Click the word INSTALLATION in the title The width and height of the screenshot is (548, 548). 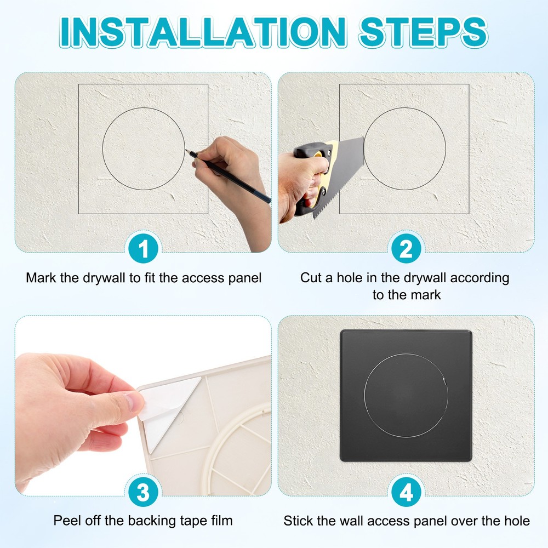coord(203,32)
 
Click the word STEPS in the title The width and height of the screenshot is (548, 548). coord(423,32)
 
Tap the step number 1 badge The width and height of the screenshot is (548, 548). coord(143,249)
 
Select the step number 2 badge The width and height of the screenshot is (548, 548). coord(406,249)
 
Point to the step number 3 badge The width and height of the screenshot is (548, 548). coord(143,492)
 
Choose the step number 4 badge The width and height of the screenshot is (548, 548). coord(406,492)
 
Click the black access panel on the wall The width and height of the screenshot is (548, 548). coord(406,395)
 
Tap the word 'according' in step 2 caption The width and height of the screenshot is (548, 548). coord(480,278)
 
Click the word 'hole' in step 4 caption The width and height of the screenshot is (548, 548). coord(517,521)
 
